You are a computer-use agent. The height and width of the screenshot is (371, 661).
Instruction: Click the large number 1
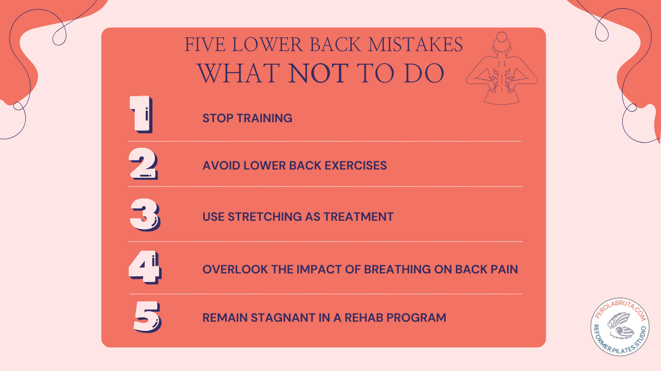[x=140, y=115]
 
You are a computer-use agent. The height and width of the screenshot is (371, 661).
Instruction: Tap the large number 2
[x=143, y=165]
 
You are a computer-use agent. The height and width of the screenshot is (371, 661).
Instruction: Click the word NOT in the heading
[x=319, y=73]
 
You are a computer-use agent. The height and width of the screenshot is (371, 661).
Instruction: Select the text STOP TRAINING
[x=247, y=118]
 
